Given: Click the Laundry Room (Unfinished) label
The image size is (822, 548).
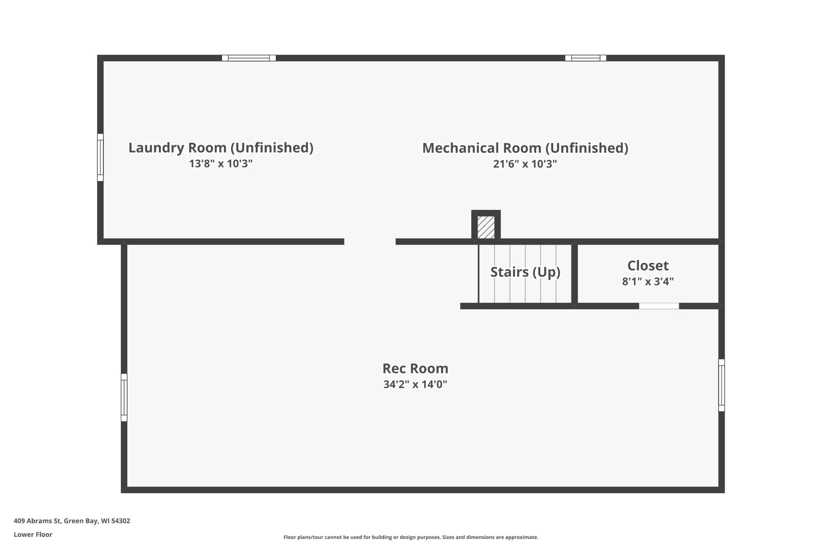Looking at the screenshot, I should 221,148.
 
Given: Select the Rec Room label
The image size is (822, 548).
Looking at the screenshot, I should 415,368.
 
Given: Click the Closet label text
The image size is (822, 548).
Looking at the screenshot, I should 648,265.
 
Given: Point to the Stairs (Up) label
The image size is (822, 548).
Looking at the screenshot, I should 525,272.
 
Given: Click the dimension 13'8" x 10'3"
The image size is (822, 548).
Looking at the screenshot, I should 221,163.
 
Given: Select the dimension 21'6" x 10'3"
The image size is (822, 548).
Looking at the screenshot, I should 525,164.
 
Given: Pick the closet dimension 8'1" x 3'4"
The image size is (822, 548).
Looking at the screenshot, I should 648,281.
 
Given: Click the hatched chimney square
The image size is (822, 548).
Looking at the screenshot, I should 486,227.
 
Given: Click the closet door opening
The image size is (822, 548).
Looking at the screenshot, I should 659,306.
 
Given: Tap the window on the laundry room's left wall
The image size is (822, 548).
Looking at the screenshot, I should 100,157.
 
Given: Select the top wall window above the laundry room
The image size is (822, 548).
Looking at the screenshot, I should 249,58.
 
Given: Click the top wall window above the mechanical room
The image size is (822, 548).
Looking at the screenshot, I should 585,58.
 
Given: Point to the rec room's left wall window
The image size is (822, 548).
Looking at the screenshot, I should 124,397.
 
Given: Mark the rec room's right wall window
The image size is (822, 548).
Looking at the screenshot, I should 721,385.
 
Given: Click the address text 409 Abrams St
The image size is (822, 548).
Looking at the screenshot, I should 72,521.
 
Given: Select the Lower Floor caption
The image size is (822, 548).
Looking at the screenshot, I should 33,535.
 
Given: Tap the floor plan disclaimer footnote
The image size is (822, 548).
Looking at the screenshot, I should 411,537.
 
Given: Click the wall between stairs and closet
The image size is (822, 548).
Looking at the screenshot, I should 574,274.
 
